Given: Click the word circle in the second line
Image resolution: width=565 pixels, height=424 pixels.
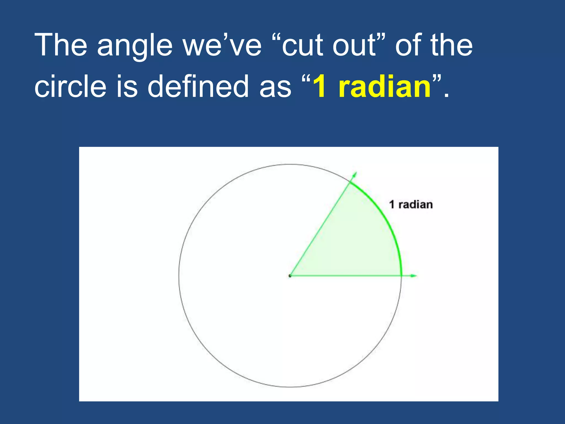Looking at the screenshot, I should click(70, 86).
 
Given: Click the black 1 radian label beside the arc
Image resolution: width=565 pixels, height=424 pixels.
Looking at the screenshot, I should click(411, 205).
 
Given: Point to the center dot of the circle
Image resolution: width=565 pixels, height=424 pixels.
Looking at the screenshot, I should click(290, 276).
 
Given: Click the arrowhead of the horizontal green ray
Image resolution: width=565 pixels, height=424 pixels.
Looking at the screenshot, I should click(414, 276).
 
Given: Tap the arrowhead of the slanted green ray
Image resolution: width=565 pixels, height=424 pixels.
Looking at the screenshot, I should click(355, 174).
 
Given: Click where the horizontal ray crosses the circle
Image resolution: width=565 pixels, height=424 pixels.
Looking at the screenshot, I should click(401, 276).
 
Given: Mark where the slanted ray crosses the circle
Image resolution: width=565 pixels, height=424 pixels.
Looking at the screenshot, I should click(350, 182).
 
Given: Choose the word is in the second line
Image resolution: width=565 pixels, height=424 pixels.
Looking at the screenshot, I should click(127, 86).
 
